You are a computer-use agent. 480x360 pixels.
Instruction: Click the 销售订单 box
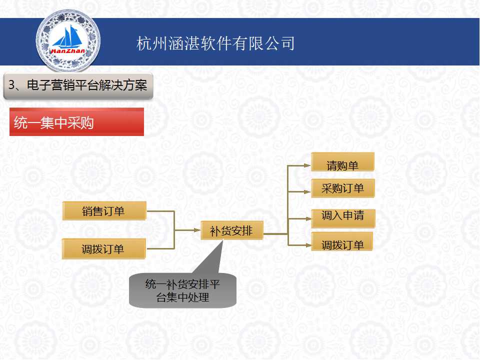[104, 211]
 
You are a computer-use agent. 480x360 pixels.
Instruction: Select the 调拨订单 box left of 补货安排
[103, 249]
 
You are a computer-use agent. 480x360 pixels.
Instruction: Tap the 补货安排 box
[231, 230]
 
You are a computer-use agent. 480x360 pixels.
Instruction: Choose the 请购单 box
[342, 162]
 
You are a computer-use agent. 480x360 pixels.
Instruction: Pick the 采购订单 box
[343, 188]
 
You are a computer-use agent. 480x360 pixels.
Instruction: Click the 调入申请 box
[343, 218]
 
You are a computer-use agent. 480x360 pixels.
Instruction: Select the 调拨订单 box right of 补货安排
[342, 241]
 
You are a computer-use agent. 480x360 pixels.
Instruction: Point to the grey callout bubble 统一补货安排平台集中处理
[183, 290]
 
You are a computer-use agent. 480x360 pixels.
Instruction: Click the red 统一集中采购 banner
[76, 122]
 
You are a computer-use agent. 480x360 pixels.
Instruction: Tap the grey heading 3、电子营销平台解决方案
[78, 86]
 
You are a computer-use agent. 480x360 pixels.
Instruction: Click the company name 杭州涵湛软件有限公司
[215, 43]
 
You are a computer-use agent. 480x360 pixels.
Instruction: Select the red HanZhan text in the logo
[68, 51]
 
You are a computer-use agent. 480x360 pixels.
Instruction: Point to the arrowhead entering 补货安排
[197, 230]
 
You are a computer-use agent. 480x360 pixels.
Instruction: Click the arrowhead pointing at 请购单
[307, 165]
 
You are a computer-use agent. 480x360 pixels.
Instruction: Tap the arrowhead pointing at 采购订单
[307, 192]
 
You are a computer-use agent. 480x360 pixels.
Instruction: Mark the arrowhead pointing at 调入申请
[308, 219]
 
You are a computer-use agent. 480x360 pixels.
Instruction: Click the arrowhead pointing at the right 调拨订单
[308, 245]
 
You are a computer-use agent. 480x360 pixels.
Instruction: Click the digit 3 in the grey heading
[11, 85]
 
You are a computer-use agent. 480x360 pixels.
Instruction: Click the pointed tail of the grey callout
[222, 241]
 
